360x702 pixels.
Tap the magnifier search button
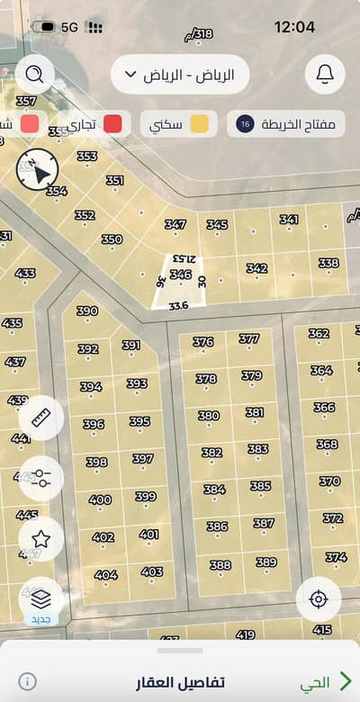34,74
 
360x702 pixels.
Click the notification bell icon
325,74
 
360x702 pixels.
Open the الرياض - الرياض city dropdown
179,75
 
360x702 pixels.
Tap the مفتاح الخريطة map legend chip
286,124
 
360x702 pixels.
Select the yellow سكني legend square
199,124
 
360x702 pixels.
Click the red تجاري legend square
112,124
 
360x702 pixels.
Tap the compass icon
37,169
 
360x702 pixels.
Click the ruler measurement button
40,418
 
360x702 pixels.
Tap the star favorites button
40,539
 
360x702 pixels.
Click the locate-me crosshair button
318,599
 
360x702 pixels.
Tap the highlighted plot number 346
180,274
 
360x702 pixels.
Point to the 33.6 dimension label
178,305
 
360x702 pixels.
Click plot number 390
87,311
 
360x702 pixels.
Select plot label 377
249,339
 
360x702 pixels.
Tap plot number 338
328,263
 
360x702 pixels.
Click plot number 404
105,575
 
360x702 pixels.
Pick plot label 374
336,557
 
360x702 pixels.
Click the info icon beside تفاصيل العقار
28,681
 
